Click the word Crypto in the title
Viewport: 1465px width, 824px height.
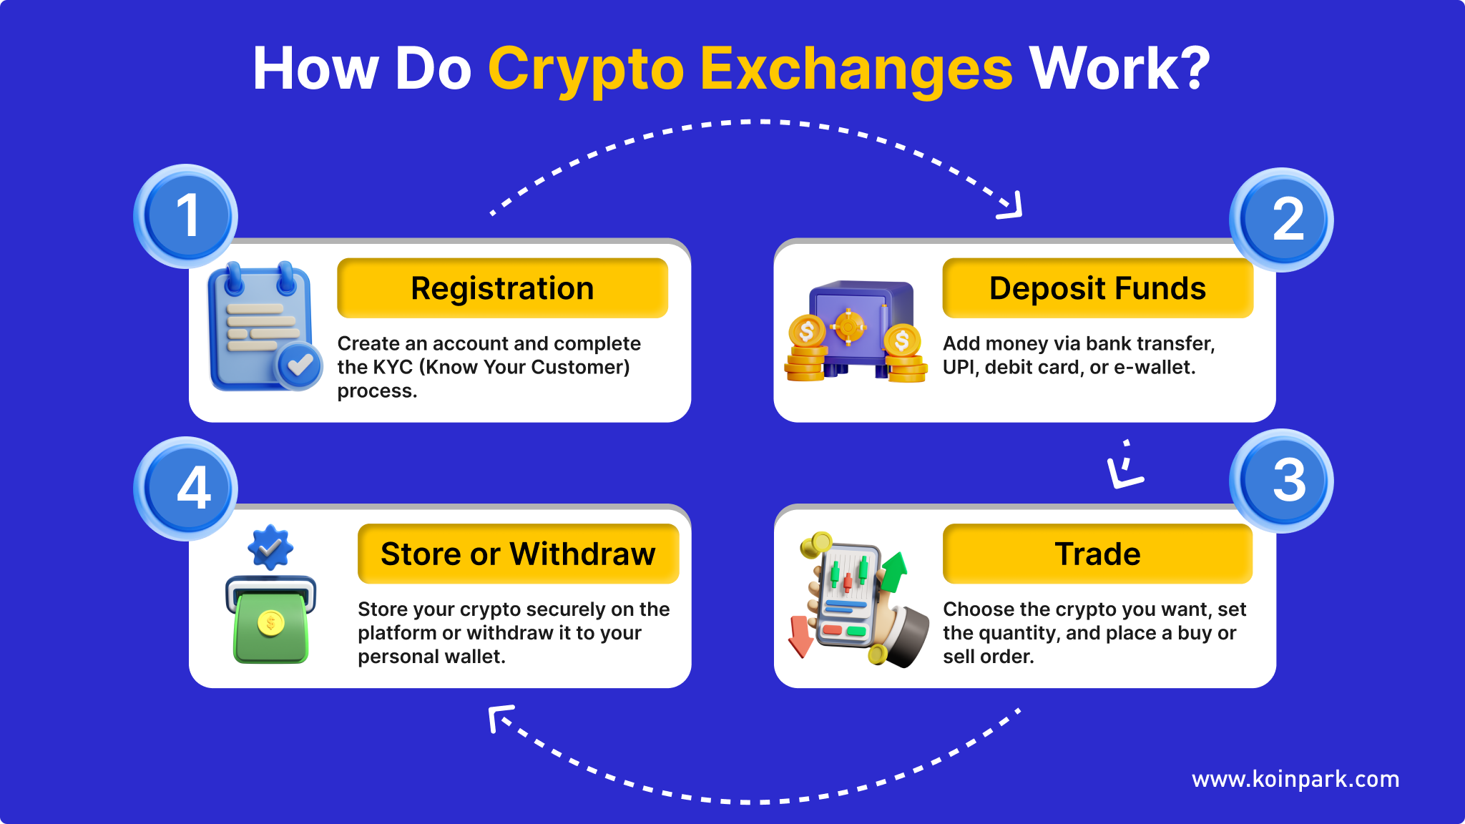pos(586,70)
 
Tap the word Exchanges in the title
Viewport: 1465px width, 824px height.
pos(856,70)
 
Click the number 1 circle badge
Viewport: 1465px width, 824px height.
pos(186,216)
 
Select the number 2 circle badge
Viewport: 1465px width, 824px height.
pos(1281,220)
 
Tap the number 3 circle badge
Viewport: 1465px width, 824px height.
pos(1281,481)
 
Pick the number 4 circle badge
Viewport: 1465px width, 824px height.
pos(186,489)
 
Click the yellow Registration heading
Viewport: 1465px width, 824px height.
pos(502,288)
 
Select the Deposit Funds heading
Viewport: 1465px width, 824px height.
pos(1097,288)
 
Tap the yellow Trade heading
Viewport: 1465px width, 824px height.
pos(1097,554)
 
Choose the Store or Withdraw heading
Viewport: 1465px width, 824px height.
pos(518,554)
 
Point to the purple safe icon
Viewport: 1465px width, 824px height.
pos(861,328)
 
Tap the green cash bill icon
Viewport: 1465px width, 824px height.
pos(270,620)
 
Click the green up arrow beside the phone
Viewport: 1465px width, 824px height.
pos(893,572)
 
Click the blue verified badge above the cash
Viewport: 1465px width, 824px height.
pos(270,548)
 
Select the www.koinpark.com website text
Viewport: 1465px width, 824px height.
pos(1295,779)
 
